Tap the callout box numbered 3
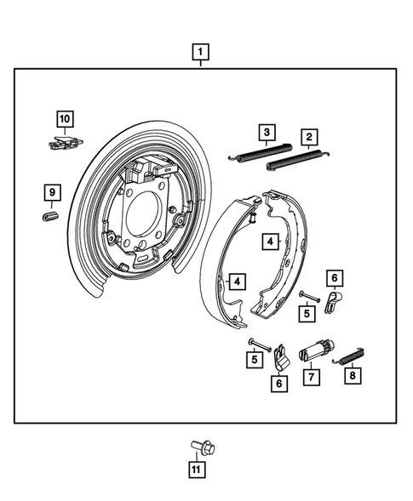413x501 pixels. pos(267,132)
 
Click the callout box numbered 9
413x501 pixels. pos(51,194)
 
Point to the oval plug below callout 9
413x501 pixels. pos(50,216)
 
